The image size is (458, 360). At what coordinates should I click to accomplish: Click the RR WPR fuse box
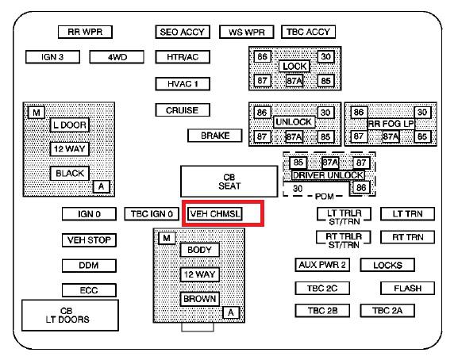click(85, 32)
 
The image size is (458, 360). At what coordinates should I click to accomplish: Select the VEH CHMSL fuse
click(214, 214)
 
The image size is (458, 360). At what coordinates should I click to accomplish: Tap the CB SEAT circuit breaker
click(229, 182)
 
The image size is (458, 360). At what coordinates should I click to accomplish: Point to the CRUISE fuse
click(183, 110)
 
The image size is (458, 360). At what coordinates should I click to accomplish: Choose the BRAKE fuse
click(214, 136)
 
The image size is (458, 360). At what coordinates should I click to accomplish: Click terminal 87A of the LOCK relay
click(294, 81)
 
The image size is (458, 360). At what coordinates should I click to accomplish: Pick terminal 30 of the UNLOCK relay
click(325, 113)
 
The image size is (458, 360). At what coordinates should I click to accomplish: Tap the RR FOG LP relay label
click(391, 124)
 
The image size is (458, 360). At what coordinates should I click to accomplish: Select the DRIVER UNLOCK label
click(328, 175)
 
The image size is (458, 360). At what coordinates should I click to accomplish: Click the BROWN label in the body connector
click(199, 299)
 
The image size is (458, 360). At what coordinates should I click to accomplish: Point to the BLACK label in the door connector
click(70, 174)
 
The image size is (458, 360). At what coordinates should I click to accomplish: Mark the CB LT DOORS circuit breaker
click(70, 315)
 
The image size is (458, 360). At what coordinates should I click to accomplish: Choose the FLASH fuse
click(407, 288)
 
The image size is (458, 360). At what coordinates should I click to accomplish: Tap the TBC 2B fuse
click(322, 310)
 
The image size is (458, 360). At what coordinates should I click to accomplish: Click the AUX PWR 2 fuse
click(322, 265)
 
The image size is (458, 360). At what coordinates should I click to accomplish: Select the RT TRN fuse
click(407, 237)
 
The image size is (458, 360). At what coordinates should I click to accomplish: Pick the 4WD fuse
click(117, 57)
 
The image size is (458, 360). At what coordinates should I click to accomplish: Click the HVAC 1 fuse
click(183, 84)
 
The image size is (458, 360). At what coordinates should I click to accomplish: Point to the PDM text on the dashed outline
click(324, 197)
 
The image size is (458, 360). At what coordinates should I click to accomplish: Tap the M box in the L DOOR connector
click(37, 113)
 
